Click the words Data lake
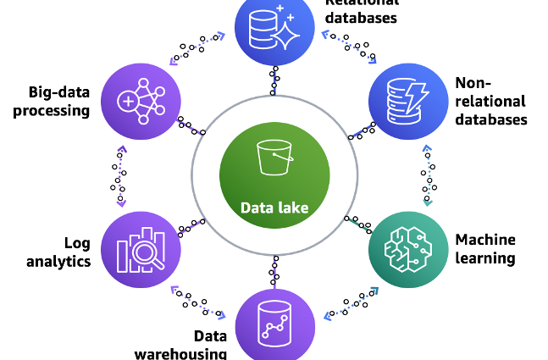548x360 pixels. (x=274, y=208)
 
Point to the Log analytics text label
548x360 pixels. (x=58, y=252)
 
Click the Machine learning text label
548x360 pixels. (x=485, y=248)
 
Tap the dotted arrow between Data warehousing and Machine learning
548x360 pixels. (x=351, y=302)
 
